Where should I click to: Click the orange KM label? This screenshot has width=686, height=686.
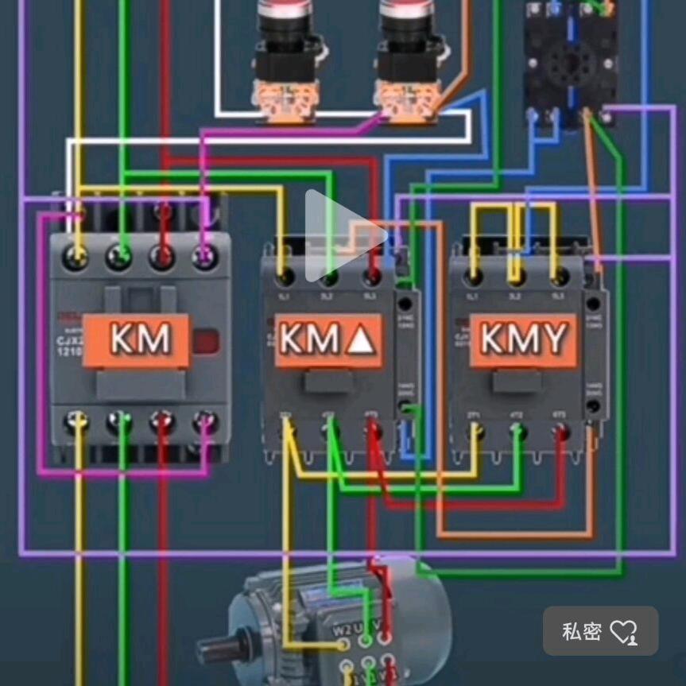pyautogui.click(x=139, y=339)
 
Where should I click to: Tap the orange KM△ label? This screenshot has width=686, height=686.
pyautogui.click(x=327, y=340)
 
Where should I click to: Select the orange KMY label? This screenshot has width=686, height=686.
pyautogui.click(x=523, y=340)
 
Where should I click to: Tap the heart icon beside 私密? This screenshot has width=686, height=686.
pyautogui.click(x=623, y=632)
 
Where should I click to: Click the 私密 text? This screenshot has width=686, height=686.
pyautogui.click(x=581, y=632)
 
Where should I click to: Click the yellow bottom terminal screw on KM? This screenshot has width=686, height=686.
pyautogui.click(x=76, y=421)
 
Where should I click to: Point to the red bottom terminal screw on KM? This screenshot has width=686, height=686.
pyautogui.click(x=163, y=421)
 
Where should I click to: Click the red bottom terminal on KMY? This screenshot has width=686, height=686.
pyautogui.click(x=561, y=432)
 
